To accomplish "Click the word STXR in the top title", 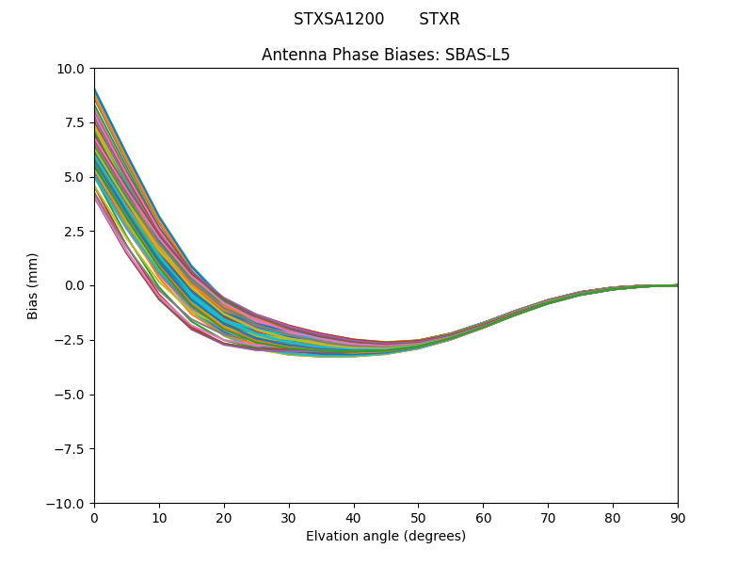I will click(440, 20).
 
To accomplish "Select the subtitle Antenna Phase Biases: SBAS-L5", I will click(386, 55).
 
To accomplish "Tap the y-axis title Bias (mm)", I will click(33, 285).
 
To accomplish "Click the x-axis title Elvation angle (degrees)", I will click(386, 537).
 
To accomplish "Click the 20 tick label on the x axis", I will click(224, 518).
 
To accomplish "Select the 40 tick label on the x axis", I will click(354, 518).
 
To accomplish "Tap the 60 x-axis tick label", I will click(483, 518).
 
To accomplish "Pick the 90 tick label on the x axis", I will click(678, 518).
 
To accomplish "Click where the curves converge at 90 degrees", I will click(677, 285).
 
